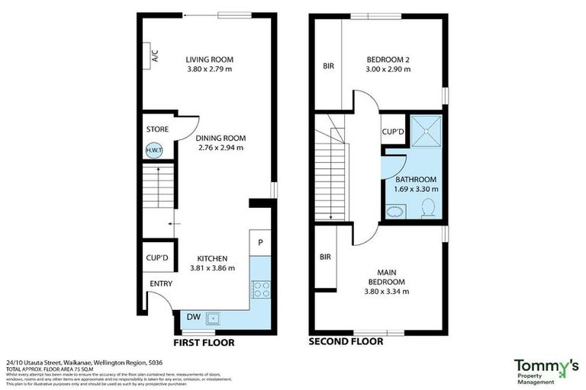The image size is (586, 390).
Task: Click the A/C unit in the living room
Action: (x=153, y=56)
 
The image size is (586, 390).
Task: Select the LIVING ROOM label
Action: (x=210, y=59)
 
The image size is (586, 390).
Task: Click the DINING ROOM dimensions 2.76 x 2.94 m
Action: (x=220, y=148)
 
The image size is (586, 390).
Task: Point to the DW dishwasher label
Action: (x=194, y=317)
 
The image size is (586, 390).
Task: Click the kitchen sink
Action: (x=214, y=318)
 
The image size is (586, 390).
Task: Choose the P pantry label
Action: (x=260, y=243)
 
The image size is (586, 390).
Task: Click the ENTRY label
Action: (x=160, y=284)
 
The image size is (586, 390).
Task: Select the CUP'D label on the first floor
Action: (x=157, y=258)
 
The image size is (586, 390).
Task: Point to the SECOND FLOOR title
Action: (x=346, y=342)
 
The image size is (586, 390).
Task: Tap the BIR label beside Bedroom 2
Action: (x=328, y=66)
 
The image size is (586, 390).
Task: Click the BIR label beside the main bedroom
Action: (x=324, y=257)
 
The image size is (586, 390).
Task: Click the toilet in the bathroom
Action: (x=428, y=207)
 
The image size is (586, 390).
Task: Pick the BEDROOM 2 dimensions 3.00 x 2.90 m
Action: (x=388, y=69)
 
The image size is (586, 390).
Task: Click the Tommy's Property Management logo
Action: (x=546, y=369)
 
